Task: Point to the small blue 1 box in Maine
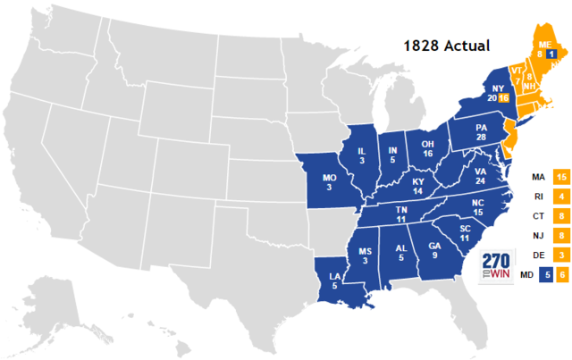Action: point(551,54)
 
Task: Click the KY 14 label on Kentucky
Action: point(417,185)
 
